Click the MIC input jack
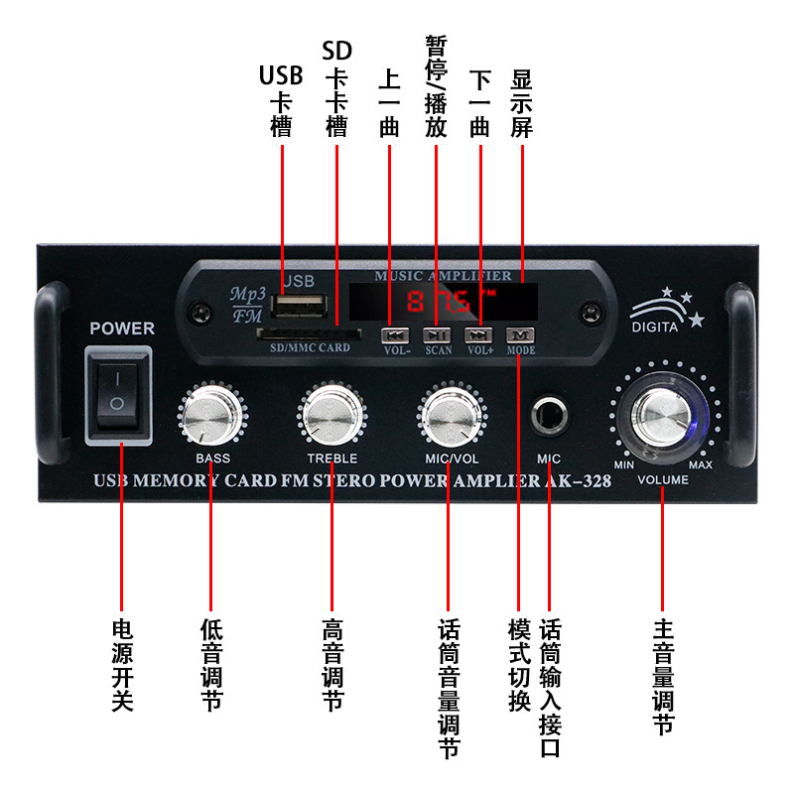[x=549, y=416]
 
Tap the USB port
[x=304, y=305]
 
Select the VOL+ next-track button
[x=480, y=335]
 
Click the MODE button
[x=520, y=335]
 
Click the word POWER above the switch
[x=121, y=328]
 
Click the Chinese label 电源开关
[x=121, y=665]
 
